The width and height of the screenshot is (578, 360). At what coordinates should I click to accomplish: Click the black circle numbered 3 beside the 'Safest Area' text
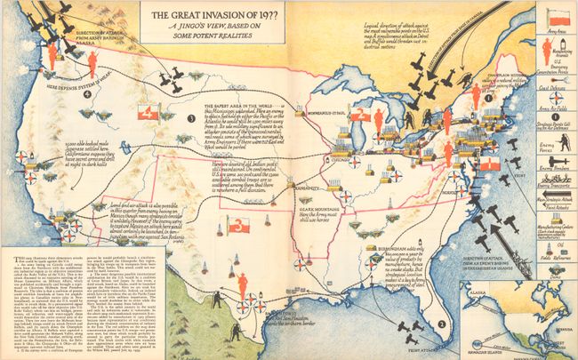tap(189, 118)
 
